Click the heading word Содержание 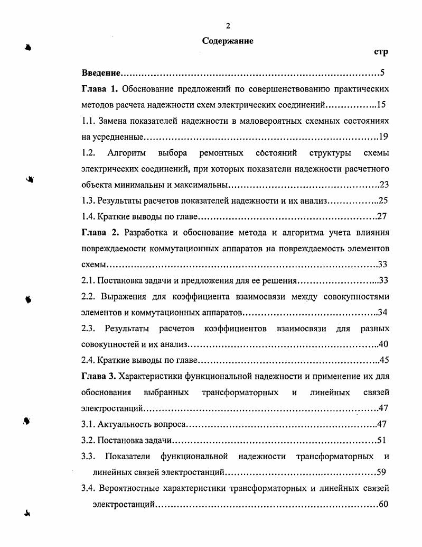(228, 41)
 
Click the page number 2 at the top (228, 26)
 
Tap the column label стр (381, 52)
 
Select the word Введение (102, 72)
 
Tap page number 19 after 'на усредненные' (383, 137)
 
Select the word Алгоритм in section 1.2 (124, 153)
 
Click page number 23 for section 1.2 (384, 185)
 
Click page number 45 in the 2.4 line (384, 360)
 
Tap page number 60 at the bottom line (383, 504)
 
